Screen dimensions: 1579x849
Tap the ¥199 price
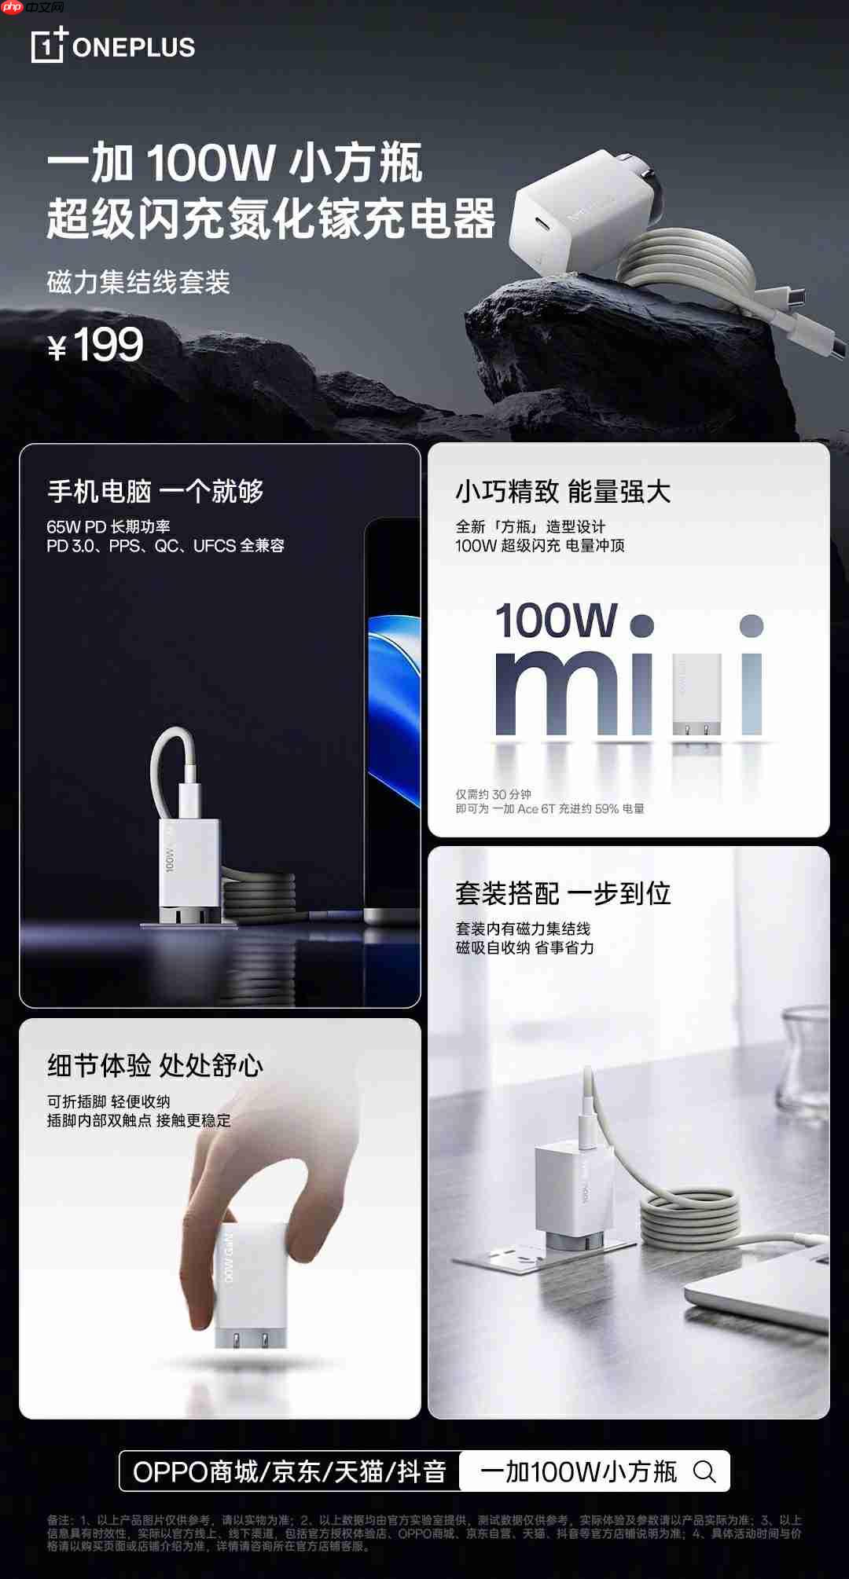click(x=96, y=345)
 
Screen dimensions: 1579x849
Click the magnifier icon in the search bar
click(x=704, y=1471)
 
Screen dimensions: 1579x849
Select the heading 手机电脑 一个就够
click(x=156, y=491)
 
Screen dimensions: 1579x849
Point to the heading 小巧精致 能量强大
click(x=563, y=492)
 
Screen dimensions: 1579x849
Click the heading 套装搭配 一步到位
click(x=563, y=893)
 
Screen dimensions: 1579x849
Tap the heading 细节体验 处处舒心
click(x=156, y=1065)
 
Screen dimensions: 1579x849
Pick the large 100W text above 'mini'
click(x=557, y=621)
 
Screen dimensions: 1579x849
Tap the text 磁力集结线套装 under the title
click(x=138, y=282)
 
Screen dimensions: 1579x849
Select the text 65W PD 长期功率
click(x=108, y=526)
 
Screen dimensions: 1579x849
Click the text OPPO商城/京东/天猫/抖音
click(x=289, y=1471)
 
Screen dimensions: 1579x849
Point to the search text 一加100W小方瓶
click(x=579, y=1471)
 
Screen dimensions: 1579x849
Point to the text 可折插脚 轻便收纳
click(x=108, y=1101)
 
